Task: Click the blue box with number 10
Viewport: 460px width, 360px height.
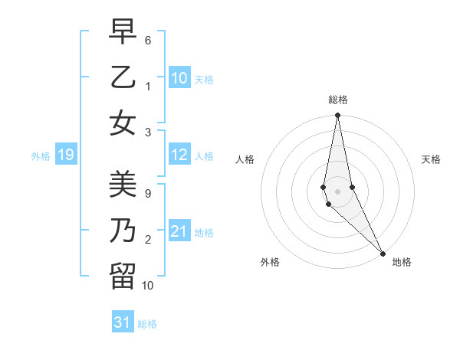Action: click(179, 78)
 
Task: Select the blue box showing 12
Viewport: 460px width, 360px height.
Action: click(179, 155)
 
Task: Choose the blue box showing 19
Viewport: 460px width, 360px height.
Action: click(65, 155)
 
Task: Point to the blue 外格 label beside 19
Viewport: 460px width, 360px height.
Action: click(41, 156)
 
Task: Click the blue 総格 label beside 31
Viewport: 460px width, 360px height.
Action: click(147, 324)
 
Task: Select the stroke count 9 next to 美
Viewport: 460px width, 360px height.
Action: click(148, 194)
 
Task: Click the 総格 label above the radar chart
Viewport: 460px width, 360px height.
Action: click(338, 100)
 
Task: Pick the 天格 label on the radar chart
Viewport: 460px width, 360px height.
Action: click(431, 159)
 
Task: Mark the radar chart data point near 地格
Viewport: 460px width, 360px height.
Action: click(383, 252)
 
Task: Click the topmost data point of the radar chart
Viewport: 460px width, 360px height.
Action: click(337, 116)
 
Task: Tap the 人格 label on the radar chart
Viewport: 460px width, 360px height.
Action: click(245, 159)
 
